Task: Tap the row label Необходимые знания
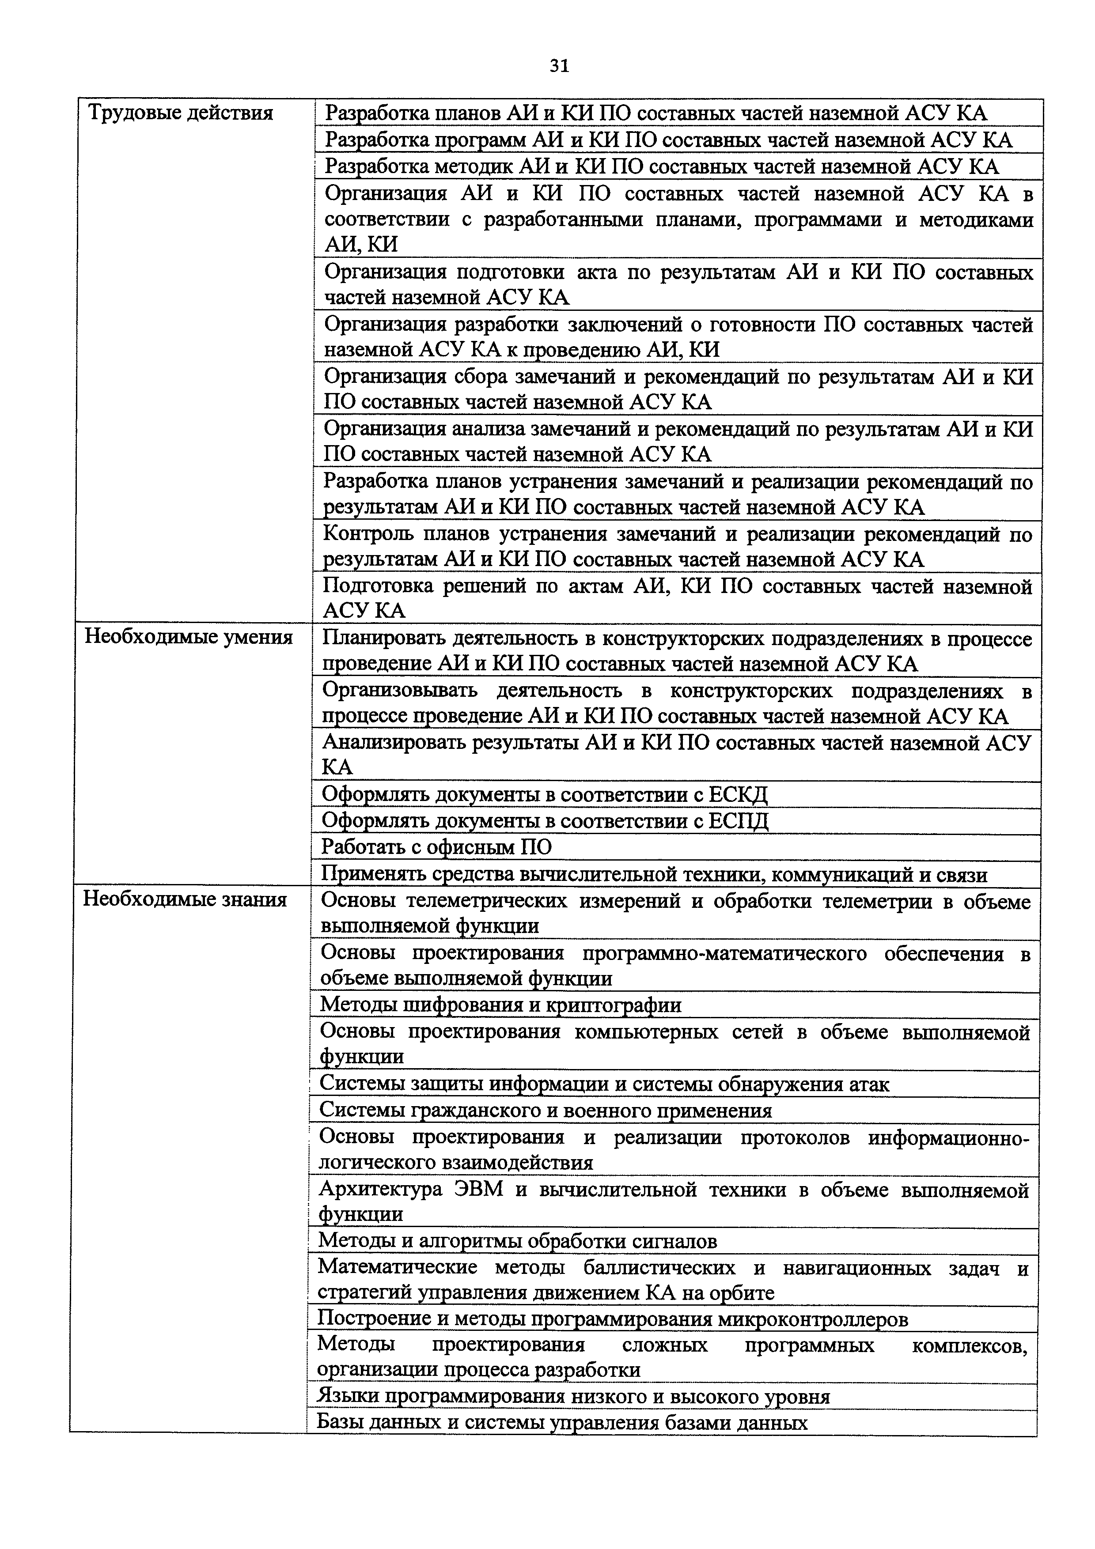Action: click(185, 899)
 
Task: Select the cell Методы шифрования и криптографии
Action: click(500, 1005)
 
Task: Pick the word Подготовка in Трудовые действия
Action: click(377, 586)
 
